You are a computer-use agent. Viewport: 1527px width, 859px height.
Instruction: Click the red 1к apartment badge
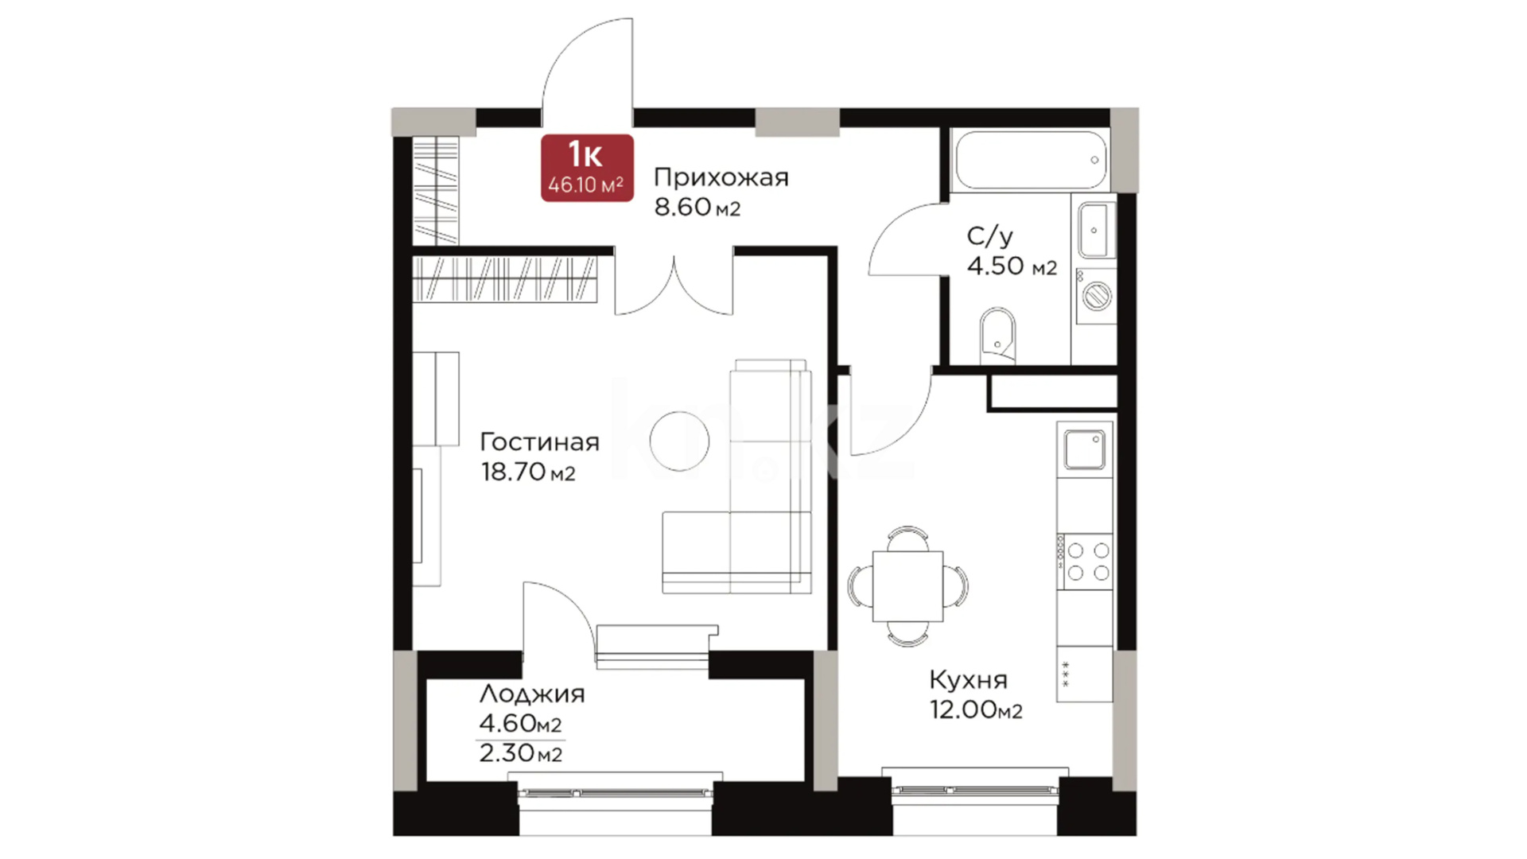click(587, 168)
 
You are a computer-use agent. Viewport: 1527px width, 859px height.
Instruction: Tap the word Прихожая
click(721, 177)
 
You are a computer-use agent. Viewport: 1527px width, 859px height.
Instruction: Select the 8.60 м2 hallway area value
click(697, 207)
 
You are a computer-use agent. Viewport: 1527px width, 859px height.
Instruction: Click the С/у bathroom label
click(990, 235)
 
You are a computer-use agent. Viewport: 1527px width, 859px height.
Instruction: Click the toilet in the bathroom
click(998, 334)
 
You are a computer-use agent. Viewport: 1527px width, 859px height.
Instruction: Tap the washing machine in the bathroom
click(1096, 296)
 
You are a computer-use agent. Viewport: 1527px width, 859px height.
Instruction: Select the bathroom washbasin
click(1095, 230)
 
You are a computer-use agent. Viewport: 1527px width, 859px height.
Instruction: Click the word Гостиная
click(540, 442)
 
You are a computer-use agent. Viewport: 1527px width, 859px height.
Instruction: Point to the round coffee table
click(679, 441)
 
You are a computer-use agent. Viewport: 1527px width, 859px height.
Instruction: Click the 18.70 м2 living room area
click(528, 472)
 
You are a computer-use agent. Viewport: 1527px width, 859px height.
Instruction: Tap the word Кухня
click(969, 680)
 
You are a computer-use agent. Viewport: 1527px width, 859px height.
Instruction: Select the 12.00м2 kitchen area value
click(977, 709)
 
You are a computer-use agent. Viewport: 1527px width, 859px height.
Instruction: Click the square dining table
click(908, 586)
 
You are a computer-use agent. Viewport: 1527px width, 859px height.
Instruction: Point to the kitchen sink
click(1085, 450)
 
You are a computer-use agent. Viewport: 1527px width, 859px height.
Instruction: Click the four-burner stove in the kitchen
click(1085, 561)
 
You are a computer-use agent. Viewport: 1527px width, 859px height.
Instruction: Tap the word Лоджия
click(532, 694)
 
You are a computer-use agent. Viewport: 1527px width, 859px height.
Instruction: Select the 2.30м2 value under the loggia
click(521, 753)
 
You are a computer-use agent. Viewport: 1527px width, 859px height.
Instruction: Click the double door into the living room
click(674, 288)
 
